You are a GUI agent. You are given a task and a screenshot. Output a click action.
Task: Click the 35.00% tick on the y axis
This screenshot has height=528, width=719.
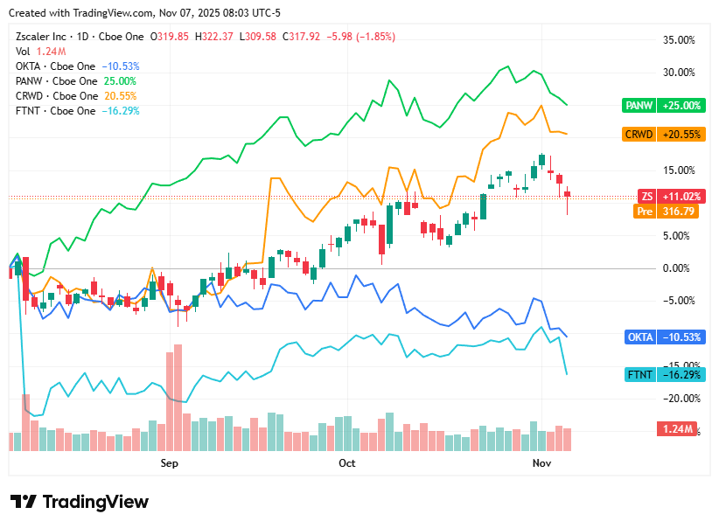pyautogui.click(x=679, y=40)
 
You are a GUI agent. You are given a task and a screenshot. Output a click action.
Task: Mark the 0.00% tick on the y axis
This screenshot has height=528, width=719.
pyautogui.click(x=681, y=268)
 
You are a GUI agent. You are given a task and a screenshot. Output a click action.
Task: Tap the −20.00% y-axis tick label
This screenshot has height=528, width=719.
pyautogui.click(x=679, y=399)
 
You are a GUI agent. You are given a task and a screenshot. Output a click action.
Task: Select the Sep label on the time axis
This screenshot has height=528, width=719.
pyautogui.click(x=169, y=463)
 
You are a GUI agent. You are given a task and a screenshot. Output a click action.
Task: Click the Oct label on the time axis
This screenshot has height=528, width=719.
pyautogui.click(x=347, y=463)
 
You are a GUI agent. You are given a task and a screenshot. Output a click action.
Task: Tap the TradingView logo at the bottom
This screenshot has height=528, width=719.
pyautogui.click(x=80, y=502)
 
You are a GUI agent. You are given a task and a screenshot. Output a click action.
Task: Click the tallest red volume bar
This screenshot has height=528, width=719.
pyautogui.click(x=178, y=398)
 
